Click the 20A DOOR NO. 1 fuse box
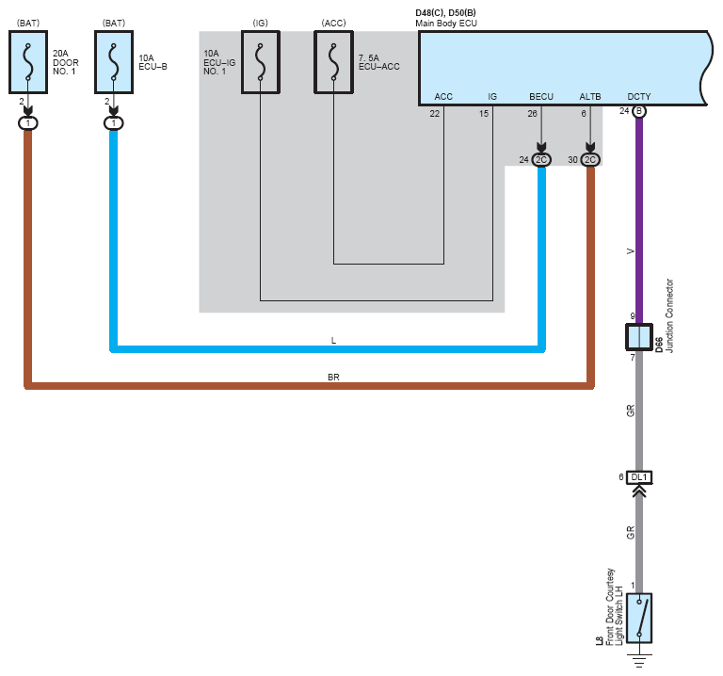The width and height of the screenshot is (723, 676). pyautogui.click(x=28, y=62)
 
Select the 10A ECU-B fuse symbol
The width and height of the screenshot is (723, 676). pyautogui.click(x=114, y=62)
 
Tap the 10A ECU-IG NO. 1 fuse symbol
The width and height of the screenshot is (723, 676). pyautogui.click(x=261, y=62)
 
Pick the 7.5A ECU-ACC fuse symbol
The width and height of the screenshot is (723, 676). pyautogui.click(x=334, y=62)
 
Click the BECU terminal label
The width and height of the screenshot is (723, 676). pyautogui.click(x=541, y=97)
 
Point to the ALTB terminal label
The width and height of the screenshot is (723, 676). pyautogui.click(x=590, y=97)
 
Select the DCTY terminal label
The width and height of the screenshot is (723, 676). pyautogui.click(x=639, y=97)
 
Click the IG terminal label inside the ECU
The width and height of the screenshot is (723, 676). pyautogui.click(x=492, y=97)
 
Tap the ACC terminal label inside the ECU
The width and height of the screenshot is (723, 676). pyautogui.click(x=443, y=97)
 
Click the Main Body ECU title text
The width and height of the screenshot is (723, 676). pyautogui.click(x=446, y=24)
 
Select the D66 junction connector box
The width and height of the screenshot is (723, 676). pyautogui.click(x=639, y=337)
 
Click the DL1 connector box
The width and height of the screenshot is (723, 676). pyautogui.click(x=639, y=477)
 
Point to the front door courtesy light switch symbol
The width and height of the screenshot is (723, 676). pyautogui.click(x=639, y=618)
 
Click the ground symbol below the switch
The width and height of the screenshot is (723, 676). pyautogui.click(x=639, y=660)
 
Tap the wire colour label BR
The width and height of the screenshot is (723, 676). pyautogui.click(x=333, y=378)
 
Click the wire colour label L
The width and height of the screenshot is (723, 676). pyautogui.click(x=333, y=341)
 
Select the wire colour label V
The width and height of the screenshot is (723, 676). pyautogui.click(x=631, y=251)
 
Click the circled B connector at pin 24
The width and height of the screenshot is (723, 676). pyautogui.click(x=639, y=111)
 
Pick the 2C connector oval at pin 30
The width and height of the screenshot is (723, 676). pyautogui.click(x=590, y=159)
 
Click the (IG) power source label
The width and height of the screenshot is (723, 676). pyautogui.click(x=261, y=23)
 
